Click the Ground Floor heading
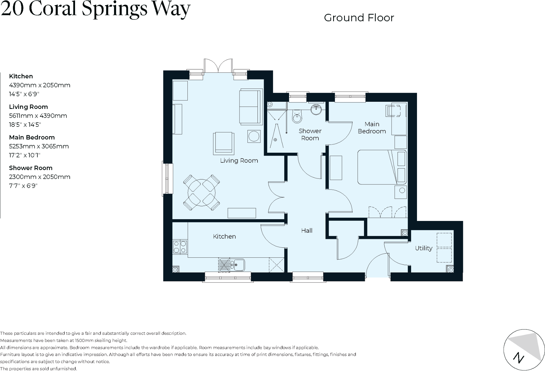click(x=359, y=18)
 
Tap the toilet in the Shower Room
click(x=297, y=117)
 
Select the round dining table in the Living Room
click(x=202, y=193)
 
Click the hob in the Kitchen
click(x=180, y=247)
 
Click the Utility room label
click(x=423, y=248)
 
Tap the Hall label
click(x=307, y=231)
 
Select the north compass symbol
click(x=524, y=350)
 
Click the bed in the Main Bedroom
click(x=382, y=167)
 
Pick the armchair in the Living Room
click(x=224, y=143)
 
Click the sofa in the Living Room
click(x=250, y=107)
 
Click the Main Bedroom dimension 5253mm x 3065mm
click(x=39, y=146)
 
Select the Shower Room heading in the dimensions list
click(x=31, y=168)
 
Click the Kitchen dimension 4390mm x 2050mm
click(x=39, y=85)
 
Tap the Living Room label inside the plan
click(x=239, y=161)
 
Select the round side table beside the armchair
click(x=254, y=136)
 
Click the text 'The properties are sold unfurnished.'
click(x=39, y=369)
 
